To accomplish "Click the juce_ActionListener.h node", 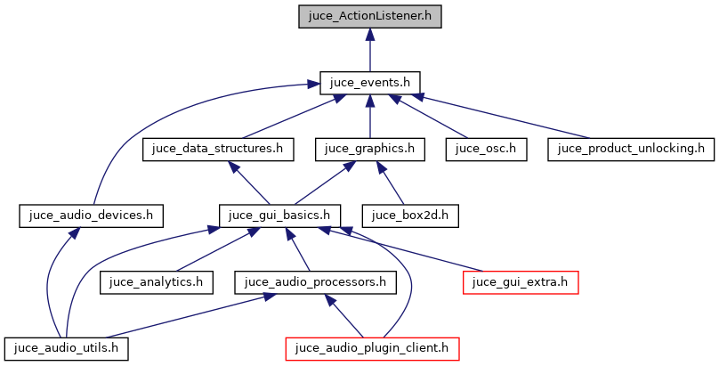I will (369, 16).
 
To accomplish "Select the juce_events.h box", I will (369, 83).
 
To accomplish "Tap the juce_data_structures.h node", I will (218, 149).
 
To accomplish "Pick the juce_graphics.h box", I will (369, 149).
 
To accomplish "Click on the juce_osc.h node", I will (487, 149).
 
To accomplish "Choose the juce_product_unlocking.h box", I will (631, 149).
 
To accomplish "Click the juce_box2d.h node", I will (410, 215).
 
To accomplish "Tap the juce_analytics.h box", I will (157, 282).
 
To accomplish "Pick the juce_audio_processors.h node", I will (315, 282).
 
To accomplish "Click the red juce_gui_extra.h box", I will (521, 282).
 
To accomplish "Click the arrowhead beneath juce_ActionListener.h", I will (369, 35).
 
